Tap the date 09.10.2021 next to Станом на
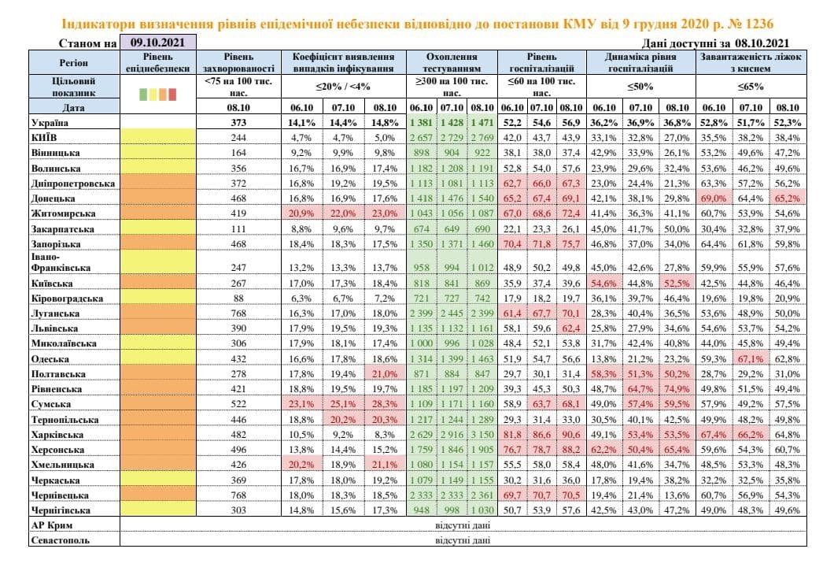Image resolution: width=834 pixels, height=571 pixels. [x=157, y=43]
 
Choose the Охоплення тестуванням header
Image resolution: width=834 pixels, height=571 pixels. [x=452, y=62]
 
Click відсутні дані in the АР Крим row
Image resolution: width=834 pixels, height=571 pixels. [x=463, y=525]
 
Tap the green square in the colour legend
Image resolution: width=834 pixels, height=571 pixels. [x=142, y=94]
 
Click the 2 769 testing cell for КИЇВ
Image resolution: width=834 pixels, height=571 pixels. [x=482, y=137]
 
